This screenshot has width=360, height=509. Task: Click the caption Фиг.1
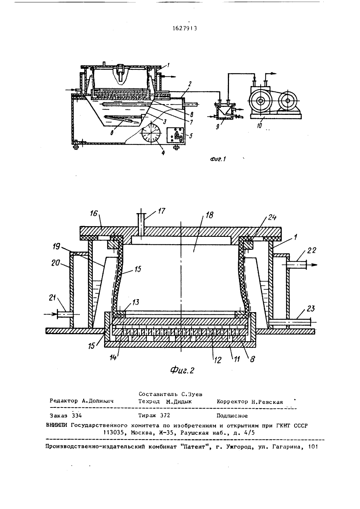[218, 159]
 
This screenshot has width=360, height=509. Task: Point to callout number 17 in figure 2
[161, 211]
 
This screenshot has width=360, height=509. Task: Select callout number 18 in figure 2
[209, 215]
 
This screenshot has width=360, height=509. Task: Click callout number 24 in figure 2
[272, 217]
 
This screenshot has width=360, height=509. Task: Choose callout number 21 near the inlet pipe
[53, 297]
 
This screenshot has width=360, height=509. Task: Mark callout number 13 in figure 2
[136, 302]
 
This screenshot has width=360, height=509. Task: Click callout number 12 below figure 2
[218, 360]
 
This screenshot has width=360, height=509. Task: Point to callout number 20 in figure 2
[56, 263]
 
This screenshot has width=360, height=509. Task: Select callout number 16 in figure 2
[93, 213]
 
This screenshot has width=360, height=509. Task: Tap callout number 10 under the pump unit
[259, 125]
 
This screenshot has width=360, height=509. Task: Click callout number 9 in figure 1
[217, 127]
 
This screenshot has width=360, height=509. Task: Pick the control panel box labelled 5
[176, 136]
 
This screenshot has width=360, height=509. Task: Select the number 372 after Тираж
[165, 415]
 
